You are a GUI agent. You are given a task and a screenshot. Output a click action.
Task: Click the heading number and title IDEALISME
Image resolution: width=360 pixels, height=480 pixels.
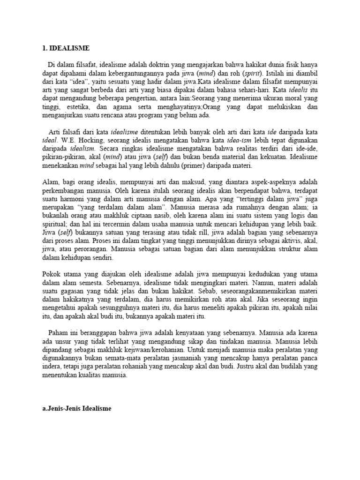click(x=64, y=48)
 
